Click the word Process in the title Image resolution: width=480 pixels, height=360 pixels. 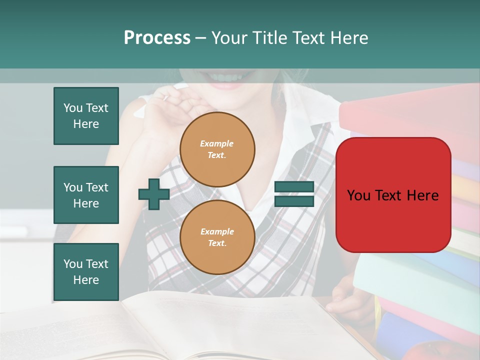point(157,38)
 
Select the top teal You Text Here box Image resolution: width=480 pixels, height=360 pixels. point(86,116)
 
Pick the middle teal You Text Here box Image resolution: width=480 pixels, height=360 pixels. point(86,195)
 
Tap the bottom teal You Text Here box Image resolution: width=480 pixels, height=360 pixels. point(86,272)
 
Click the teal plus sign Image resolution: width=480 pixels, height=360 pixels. point(154,194)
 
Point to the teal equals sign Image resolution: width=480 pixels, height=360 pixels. point(294,194)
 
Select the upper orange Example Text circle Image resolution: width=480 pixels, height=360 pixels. point(217,149)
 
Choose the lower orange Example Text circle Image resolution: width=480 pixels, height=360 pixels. point(217,237)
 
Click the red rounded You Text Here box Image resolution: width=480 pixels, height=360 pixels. point(393,195)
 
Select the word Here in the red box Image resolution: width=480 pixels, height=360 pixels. point(422,195)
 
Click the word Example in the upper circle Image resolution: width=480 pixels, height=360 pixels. point(216,143)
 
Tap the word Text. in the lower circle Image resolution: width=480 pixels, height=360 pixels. point(217,243)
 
